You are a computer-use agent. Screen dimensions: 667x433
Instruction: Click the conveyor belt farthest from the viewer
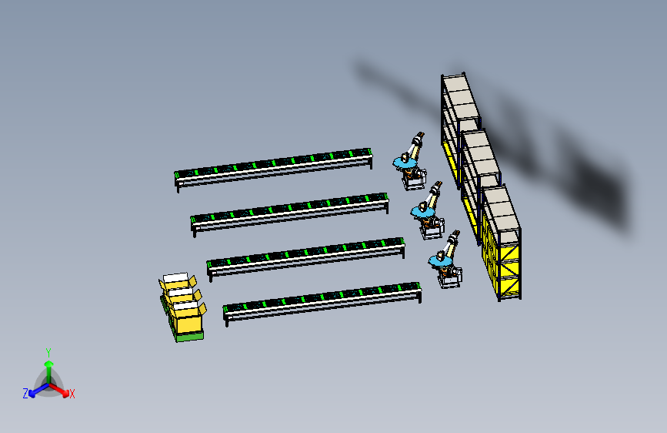[274, 168]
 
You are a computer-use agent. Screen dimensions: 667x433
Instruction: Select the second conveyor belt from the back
[290, 213]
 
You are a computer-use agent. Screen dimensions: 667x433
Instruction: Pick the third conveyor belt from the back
[306, 258]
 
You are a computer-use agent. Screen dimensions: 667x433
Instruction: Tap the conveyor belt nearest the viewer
[322, 303]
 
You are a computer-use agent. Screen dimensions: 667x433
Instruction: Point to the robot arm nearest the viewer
[445, 260]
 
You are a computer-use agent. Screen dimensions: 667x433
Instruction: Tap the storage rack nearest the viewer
[501, 242]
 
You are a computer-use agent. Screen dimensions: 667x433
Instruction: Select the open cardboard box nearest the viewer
[188, 317]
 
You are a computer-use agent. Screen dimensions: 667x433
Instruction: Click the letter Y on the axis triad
[48, 352]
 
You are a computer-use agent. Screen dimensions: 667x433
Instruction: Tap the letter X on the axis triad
[72, 394]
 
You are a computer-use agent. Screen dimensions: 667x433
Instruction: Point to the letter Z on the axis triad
[25, 394]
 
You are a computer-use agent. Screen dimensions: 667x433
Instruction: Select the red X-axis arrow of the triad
[59, 390]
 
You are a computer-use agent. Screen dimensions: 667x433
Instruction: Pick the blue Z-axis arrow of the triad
[39, 390]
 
